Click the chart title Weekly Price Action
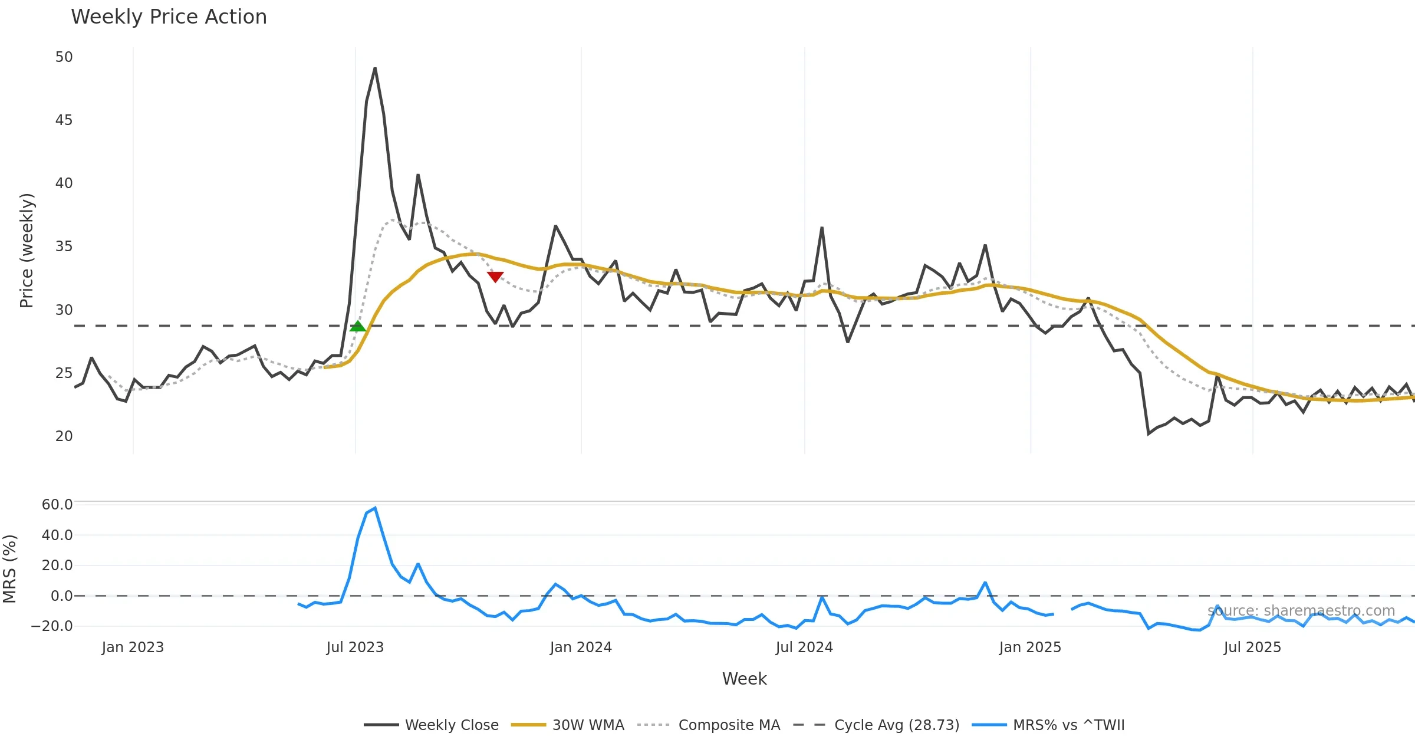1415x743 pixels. pyautogui.click(x=169, y=17)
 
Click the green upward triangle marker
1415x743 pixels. pyautogui.click(x=357, y=326)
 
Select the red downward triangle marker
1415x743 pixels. pyautogui.click(x=495, y=277)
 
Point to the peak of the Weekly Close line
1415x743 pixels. pyautogui.click(x=375, y=68)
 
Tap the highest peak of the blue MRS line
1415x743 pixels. pyautogui.click(x=375, y=508)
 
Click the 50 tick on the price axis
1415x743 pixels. pyautogui.click(x=64, y=57)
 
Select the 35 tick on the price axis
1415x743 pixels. pyautogui.click(x=64, y=246)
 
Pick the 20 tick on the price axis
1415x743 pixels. pyautogui.click(x=64, y=436)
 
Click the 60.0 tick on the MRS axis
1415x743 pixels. pyautogui.click(x=57, y=505)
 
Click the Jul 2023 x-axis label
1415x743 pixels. pyautogui.click(x=355, y=647)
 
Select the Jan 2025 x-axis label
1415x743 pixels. pyautogui.click(x=1030, y=647)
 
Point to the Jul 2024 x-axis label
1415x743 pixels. pyautogui.click(x=804, y=647)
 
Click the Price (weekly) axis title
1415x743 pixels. pyautogui.click(x=27, y=251)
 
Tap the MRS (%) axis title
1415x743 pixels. pyautogui.click(x=10, y=568)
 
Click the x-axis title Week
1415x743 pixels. pyautogui.click(x=744, y=679)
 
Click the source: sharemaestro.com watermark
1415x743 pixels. pyautogui.click(x=1301, y=611)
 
